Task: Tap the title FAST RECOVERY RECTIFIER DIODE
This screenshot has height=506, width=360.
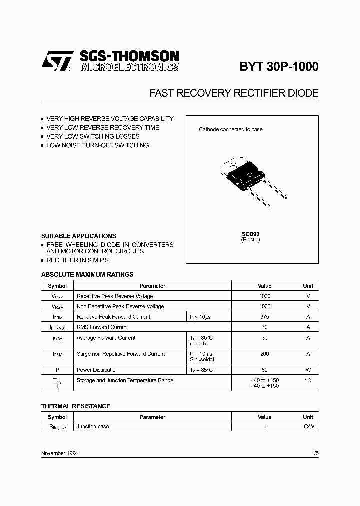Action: [x=234, y=93]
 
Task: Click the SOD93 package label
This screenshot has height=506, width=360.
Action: [x=250, y=234]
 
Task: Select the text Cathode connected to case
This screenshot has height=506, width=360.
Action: [x=230, y=129]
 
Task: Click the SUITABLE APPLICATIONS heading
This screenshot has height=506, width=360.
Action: [x=78, y=236]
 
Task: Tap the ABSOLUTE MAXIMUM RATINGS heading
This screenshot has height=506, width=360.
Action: [x=87, y=274]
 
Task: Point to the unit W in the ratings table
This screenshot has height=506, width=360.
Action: [x=308, y=370]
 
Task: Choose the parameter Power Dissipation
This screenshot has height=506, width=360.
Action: [x=98, y=370]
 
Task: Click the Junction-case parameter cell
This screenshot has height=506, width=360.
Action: [x=93, y=427]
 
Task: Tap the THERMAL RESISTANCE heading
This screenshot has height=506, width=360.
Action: [x=75, y=406]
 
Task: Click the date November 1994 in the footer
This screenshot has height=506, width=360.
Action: [x=59, y=453]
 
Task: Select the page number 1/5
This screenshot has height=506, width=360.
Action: [x=314, y=453]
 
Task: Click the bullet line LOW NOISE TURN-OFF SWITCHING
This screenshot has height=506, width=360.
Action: [x=97, y=145]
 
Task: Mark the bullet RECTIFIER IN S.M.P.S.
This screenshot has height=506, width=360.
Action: [x=78, y=260]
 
